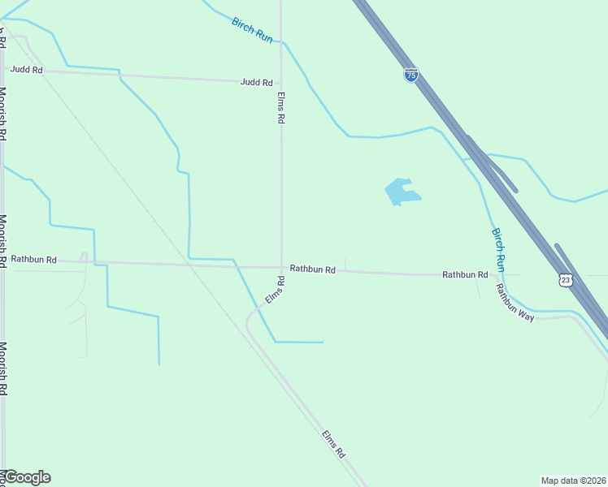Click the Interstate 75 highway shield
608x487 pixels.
pos(411,75)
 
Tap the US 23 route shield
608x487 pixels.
pos(566,279)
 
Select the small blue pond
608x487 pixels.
pos(402,192)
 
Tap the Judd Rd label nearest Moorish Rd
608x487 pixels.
pos(26,70)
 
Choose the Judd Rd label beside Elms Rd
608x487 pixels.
pos(256,82)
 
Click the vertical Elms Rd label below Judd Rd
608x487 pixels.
pos(280,107)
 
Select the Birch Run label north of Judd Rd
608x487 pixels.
pos(252,30)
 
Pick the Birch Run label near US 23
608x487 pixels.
pos(499,249)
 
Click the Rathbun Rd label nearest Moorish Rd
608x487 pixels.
pos(33,260)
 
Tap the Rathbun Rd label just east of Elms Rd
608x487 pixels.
pos(313,269)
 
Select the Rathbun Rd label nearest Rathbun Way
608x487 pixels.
pos(465,275)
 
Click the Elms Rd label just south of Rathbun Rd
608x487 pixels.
pos(275,291)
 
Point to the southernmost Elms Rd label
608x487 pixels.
pos(333,445)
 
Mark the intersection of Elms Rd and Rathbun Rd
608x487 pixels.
pos(281,267)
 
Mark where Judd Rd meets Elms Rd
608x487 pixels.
pos(281,84)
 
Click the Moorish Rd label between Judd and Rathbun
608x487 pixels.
pos(3,114)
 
